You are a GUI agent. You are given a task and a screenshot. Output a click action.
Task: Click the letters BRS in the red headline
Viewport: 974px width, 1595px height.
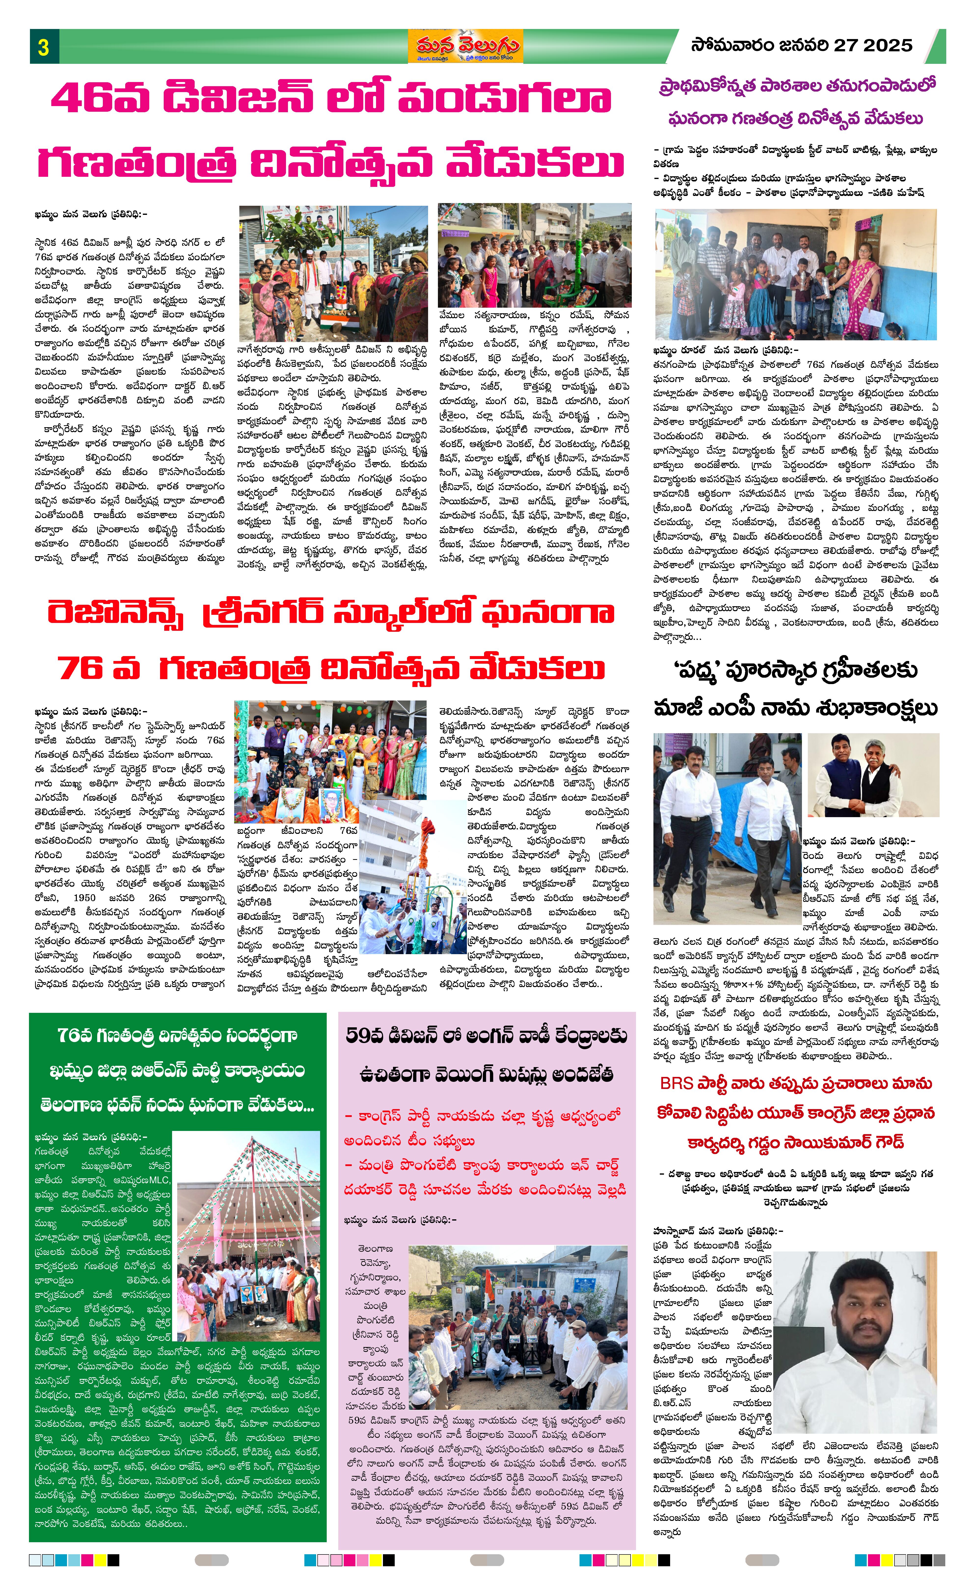677,1083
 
